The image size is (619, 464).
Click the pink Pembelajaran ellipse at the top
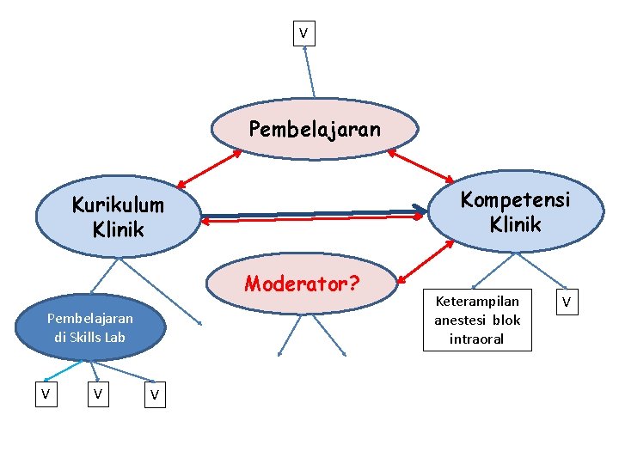point(314,129)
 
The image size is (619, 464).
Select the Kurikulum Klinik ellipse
point(118,217)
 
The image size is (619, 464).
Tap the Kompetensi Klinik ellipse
point(514,211)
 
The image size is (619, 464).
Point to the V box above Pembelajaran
point(303,34)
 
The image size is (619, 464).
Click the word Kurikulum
point(118,205)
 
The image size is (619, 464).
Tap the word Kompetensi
point(514,199)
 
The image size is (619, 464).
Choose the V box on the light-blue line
point(46,394)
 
